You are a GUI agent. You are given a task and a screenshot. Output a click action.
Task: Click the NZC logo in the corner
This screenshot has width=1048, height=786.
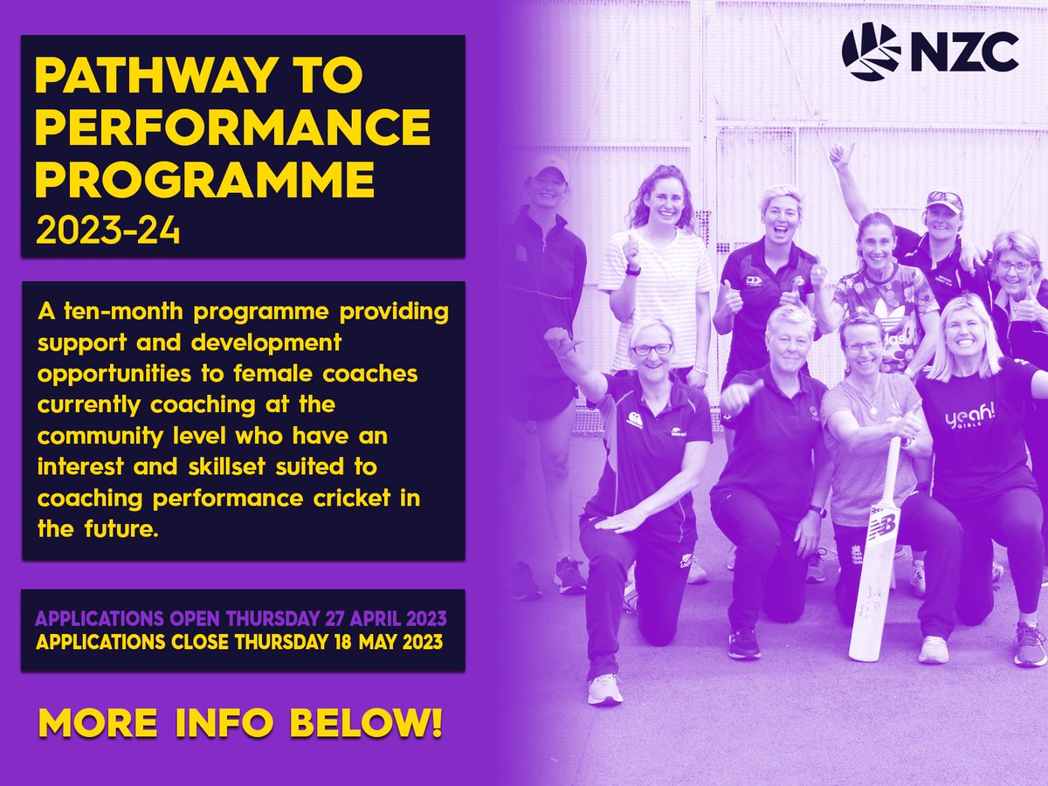[x=929, y=52]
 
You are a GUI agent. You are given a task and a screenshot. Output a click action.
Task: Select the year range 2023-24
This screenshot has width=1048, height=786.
[x=107, y=231]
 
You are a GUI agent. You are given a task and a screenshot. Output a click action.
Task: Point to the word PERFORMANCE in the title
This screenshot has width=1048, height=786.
[x=232, y=129]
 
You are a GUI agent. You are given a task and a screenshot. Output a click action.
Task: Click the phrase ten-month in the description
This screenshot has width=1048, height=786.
[x=117, y=312]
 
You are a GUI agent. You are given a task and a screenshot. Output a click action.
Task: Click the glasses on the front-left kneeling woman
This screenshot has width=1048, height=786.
[x=652, y=349]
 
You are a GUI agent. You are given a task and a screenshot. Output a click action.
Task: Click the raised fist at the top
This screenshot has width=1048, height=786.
[x=841, y=156]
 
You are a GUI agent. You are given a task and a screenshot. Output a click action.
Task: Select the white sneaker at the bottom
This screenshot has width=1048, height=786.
[x=605, y=687]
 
